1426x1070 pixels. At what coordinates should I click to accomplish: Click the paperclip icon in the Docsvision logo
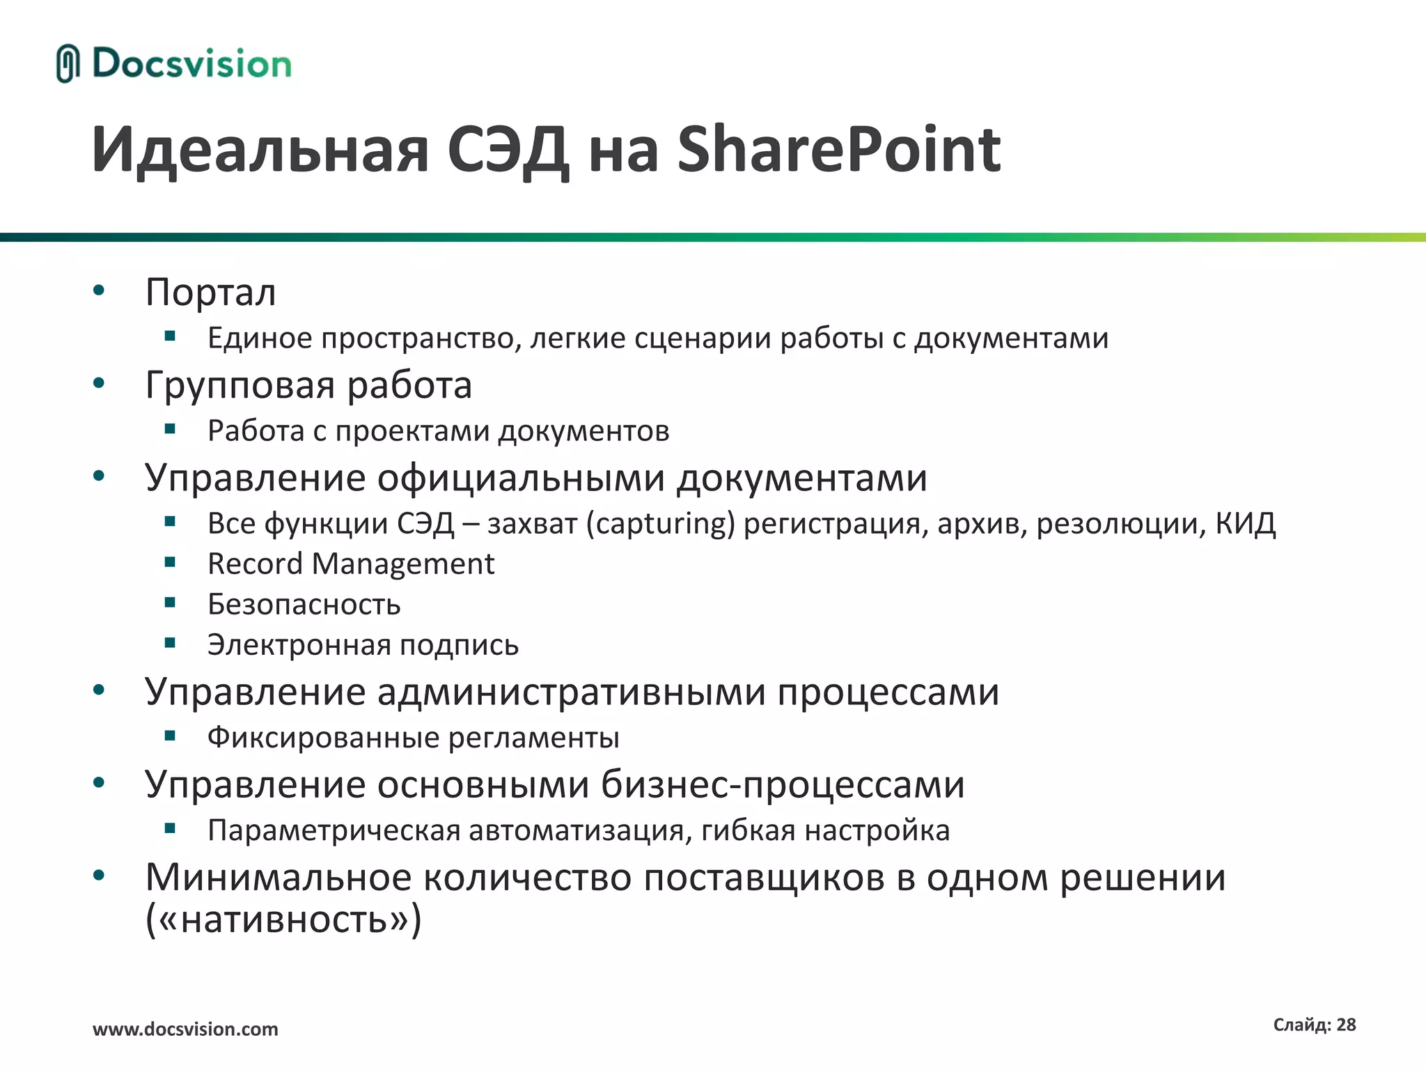point(68,63)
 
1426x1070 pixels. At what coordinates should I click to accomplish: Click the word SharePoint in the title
point(838,150)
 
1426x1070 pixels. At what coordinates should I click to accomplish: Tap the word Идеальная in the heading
point(260,150)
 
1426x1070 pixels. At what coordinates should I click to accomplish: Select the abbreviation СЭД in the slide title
point(508,150)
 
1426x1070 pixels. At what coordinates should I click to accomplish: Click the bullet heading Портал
point(210,293)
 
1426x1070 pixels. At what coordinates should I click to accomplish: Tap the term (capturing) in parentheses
point(660,524)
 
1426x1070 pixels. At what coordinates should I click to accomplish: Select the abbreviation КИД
point(1246,523)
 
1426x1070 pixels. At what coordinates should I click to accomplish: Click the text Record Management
point(351,564)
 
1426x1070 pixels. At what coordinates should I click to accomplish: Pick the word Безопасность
point(304,605)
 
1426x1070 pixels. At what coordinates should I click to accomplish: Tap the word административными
point(572,692)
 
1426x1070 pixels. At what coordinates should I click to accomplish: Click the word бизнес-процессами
point(783,785)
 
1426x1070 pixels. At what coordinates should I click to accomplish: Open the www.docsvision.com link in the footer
point(185,1029)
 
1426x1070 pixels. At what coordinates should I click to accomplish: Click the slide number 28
point(1346,1025)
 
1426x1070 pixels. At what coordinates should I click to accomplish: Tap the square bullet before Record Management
point(170,562)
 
